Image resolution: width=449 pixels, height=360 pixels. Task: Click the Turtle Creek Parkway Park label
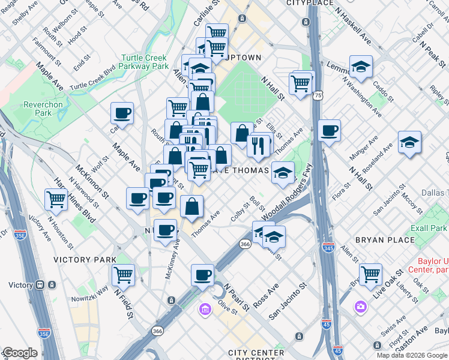(144, 62)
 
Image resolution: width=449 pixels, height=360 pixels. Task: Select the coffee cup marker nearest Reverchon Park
(122, 113)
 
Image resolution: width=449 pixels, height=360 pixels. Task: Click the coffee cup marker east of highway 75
(328, 131)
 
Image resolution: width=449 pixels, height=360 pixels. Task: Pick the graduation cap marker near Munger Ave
(409, 143)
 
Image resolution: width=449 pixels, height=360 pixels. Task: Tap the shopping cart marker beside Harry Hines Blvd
(56, 199)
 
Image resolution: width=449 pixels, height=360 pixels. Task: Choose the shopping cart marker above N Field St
(123, 274)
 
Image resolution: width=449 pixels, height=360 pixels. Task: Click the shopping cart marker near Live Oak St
(370, 274)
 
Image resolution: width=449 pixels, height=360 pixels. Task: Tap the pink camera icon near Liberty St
(360, 307)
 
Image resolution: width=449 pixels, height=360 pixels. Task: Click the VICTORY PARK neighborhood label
(84, 260)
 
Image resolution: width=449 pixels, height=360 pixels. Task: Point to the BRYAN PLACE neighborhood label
(381, 240)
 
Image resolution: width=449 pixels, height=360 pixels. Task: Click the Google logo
(20, 353)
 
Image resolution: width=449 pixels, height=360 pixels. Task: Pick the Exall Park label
(429, 229)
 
